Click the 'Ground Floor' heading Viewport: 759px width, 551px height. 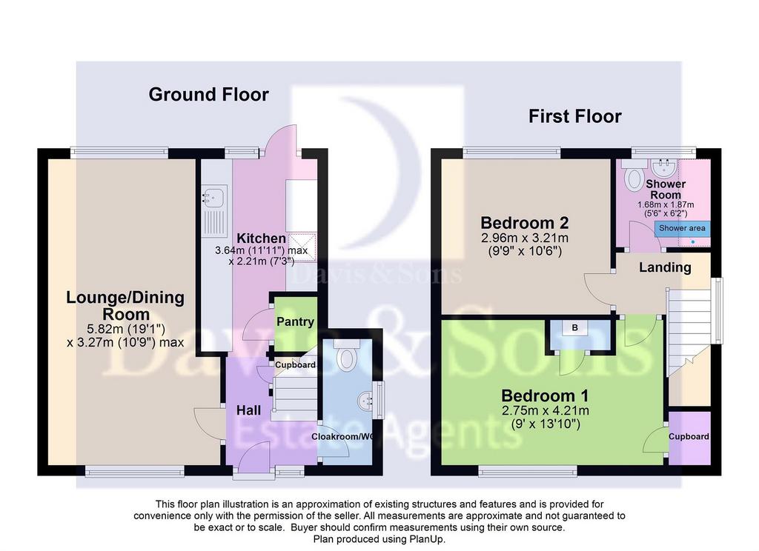[208, 94]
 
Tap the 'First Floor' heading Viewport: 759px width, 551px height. [574, 116]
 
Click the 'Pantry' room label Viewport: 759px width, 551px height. [295, 321]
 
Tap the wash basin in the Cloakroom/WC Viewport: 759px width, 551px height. [366, 400]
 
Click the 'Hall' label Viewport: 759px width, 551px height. [248, 411]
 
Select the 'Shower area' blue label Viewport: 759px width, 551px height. [682, 228]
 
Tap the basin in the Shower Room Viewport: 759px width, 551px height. [663, 167]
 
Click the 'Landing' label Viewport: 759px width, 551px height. [665, 267]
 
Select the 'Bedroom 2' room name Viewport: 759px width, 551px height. [524, 223]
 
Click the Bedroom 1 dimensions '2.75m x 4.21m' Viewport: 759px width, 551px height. [545, 411]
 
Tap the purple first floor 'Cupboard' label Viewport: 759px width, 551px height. [689, 437]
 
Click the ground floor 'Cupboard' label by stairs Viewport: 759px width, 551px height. [295, 365]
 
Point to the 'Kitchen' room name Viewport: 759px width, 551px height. [261, 238]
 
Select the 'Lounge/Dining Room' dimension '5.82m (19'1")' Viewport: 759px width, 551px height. [126, 330]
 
